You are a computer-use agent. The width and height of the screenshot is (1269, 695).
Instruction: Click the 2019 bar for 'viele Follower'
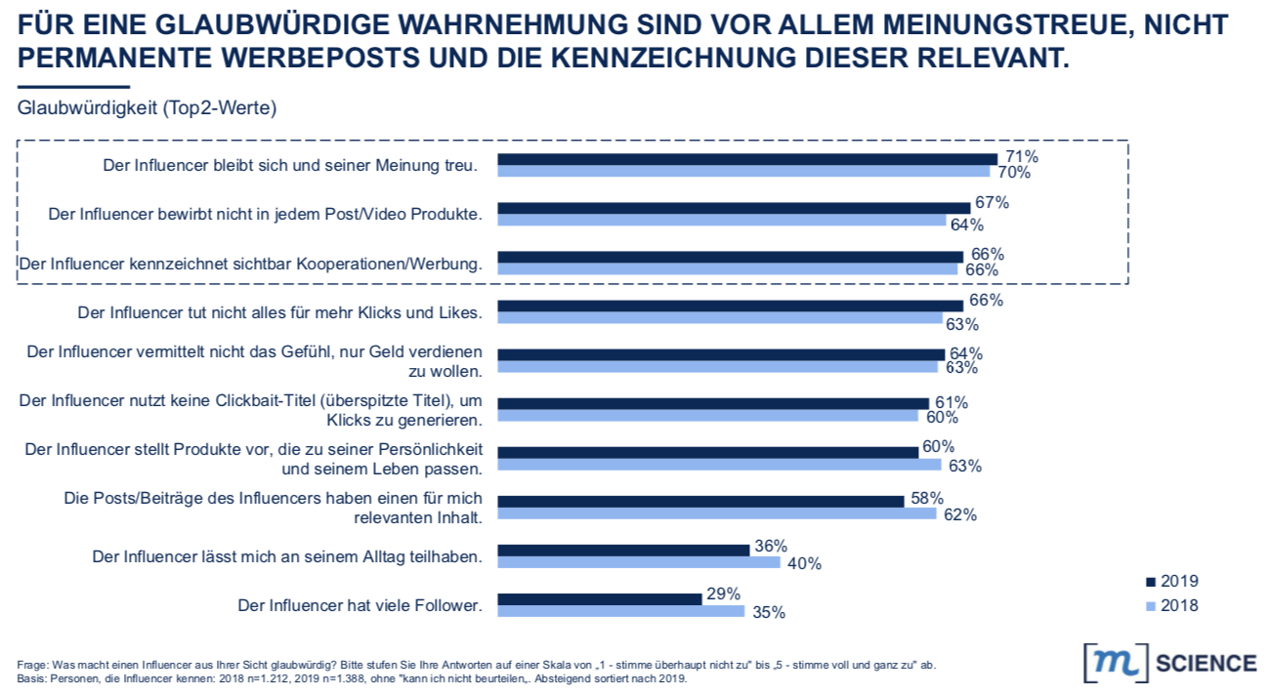600,598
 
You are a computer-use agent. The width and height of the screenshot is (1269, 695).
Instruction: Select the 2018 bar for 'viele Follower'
621,611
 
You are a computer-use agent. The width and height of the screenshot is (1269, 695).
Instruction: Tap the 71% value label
1018,156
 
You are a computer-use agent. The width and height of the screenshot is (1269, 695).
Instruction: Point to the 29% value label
722,594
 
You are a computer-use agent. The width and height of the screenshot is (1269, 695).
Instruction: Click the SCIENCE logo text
1206,664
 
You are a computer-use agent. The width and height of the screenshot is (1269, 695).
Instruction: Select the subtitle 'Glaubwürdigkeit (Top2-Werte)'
147,108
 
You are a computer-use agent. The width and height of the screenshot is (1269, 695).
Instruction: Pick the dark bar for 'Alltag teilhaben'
623,550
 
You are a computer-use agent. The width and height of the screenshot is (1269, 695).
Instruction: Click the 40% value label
802,563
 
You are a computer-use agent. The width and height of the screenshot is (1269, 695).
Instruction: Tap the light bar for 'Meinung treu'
743,171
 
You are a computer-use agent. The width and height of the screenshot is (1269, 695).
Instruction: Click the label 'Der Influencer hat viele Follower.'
360,605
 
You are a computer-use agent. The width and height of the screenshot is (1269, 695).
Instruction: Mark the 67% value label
990,203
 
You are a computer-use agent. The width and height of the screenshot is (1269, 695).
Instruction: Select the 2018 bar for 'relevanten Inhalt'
717,513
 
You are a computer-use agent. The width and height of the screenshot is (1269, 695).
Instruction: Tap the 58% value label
924,498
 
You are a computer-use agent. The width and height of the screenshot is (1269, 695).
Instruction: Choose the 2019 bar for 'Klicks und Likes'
731,306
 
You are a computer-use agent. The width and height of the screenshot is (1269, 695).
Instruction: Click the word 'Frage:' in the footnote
31,665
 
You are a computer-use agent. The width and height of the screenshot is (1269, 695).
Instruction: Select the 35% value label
767,613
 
